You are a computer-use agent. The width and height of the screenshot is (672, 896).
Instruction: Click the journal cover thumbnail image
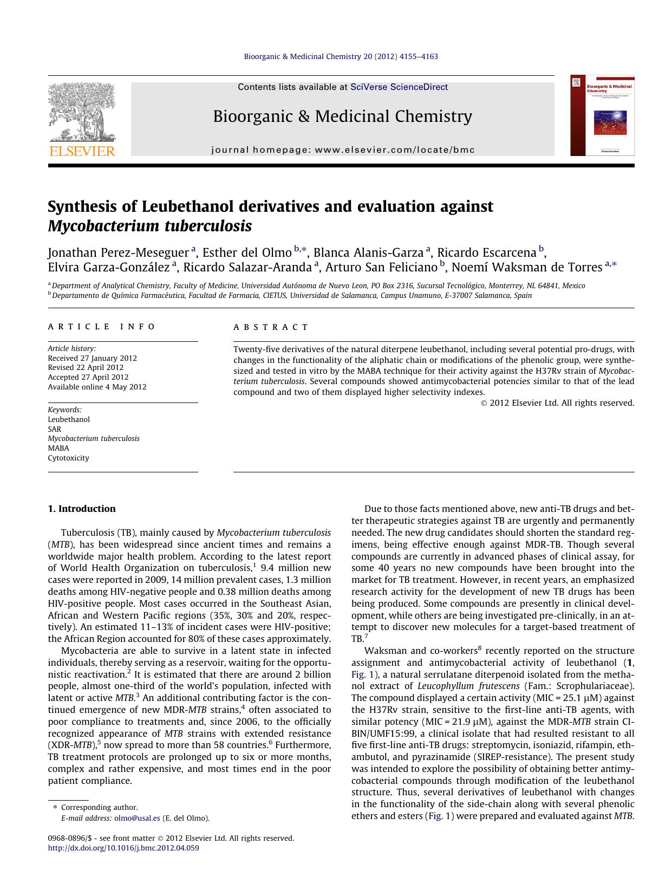click(602, 115)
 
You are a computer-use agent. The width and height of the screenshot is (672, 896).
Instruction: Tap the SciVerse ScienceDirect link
click(399, 87)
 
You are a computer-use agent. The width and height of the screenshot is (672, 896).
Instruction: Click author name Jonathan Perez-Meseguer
click(118, 253)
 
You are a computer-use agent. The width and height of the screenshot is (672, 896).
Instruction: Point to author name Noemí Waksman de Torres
click(527, 267)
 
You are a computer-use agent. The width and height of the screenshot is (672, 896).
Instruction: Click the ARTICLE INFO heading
click(102, 327)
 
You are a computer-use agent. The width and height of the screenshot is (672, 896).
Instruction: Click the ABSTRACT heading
click(271, 327)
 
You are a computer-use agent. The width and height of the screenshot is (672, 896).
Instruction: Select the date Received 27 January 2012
click(92, 358)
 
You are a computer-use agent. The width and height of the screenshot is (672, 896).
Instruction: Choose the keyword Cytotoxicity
click(68, 458)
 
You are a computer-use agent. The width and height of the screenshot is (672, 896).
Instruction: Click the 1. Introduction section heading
click(82, 509)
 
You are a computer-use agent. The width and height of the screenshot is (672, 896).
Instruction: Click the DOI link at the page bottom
click(123, 848)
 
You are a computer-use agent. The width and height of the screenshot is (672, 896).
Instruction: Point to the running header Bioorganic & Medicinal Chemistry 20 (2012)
click(341, 56)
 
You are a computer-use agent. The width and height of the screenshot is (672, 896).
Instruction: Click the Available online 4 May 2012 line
click(97, 387)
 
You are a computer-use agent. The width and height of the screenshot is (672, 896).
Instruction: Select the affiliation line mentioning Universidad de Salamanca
click(292, 296)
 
